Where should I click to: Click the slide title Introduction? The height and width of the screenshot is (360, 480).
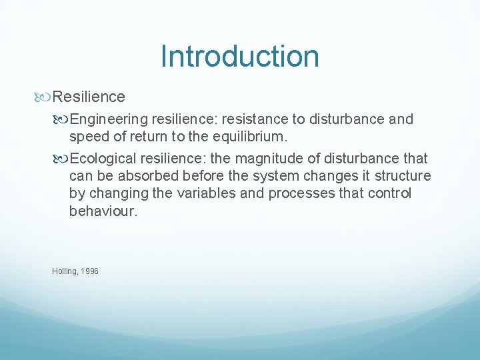(x=239, y=57)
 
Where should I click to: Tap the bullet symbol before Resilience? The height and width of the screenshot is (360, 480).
(x=45, y=97)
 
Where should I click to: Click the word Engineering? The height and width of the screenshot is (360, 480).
(x=109, y=119)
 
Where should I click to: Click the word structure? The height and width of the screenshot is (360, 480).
(x=403, y=176)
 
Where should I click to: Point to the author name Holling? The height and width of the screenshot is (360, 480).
(x=64, y=271)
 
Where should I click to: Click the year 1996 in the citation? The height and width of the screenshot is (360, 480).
(x=89, y=271)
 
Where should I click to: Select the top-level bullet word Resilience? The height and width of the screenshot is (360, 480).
(x=89, y=97)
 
